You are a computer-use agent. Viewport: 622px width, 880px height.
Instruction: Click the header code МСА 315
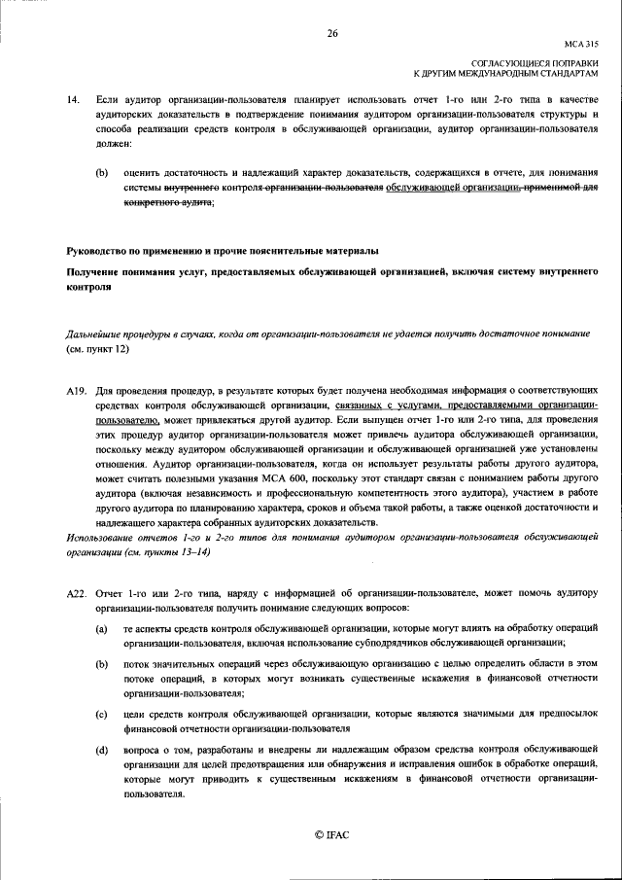pyautogui.click(x=581, y=44)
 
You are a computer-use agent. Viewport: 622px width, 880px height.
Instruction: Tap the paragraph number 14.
pyautogui.click(x=72, y=100)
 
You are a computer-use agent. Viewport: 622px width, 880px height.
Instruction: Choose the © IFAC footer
pyautogui.click(x=331, y=835)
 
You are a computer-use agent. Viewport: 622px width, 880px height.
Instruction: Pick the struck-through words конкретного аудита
pyautogui.click(x=167, y=202)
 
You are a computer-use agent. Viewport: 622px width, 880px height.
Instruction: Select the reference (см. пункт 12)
pyautogui.click(x=97, y=347)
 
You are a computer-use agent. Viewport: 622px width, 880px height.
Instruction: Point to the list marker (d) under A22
pyautogui.click(x=101, y=751)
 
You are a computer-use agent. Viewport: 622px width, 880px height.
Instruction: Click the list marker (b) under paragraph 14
pyautogui.click(x=101, y=172)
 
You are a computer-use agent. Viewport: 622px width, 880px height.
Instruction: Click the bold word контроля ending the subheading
pyautogui.click(x=89, y=288)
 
